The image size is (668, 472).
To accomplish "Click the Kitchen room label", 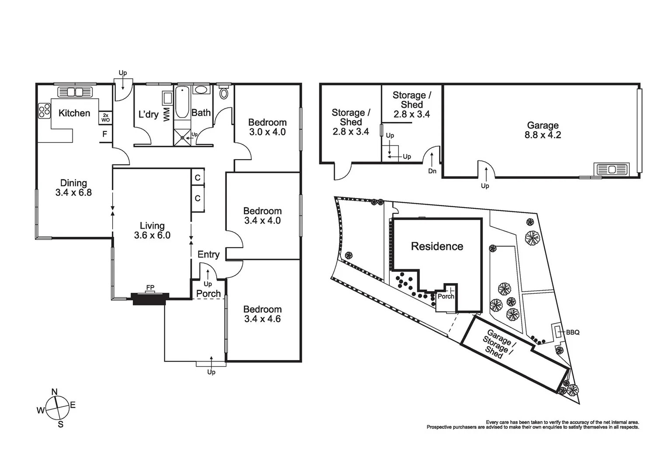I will coord(74,113).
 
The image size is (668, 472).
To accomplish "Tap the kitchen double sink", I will coord(75,92).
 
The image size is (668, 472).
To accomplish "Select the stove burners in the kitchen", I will coord(44,111).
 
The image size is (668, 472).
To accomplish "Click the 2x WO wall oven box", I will coord(105,118).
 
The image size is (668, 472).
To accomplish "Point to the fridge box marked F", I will coord(105,134).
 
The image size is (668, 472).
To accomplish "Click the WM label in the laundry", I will coord(166,115).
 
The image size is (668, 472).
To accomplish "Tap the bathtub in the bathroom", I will coord(182,103).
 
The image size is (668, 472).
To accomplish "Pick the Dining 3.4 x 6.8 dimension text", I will coord(73,192).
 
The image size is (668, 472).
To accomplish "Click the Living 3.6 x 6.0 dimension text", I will coord(152,235).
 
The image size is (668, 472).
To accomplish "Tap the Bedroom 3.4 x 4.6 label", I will coord(262,314).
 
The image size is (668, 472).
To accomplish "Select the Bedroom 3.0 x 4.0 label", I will coord(267,127).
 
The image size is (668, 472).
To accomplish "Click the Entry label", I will coord(208,254).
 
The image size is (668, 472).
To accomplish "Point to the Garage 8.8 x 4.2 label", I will coord(543,130).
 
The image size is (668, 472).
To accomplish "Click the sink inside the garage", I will coord(611,169).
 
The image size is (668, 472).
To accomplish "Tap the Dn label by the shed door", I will coord(432,171).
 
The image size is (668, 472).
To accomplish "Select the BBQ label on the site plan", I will coord(573,332).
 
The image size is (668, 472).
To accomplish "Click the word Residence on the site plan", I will coord(437,246).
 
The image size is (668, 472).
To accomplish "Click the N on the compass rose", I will coord(55,392).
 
